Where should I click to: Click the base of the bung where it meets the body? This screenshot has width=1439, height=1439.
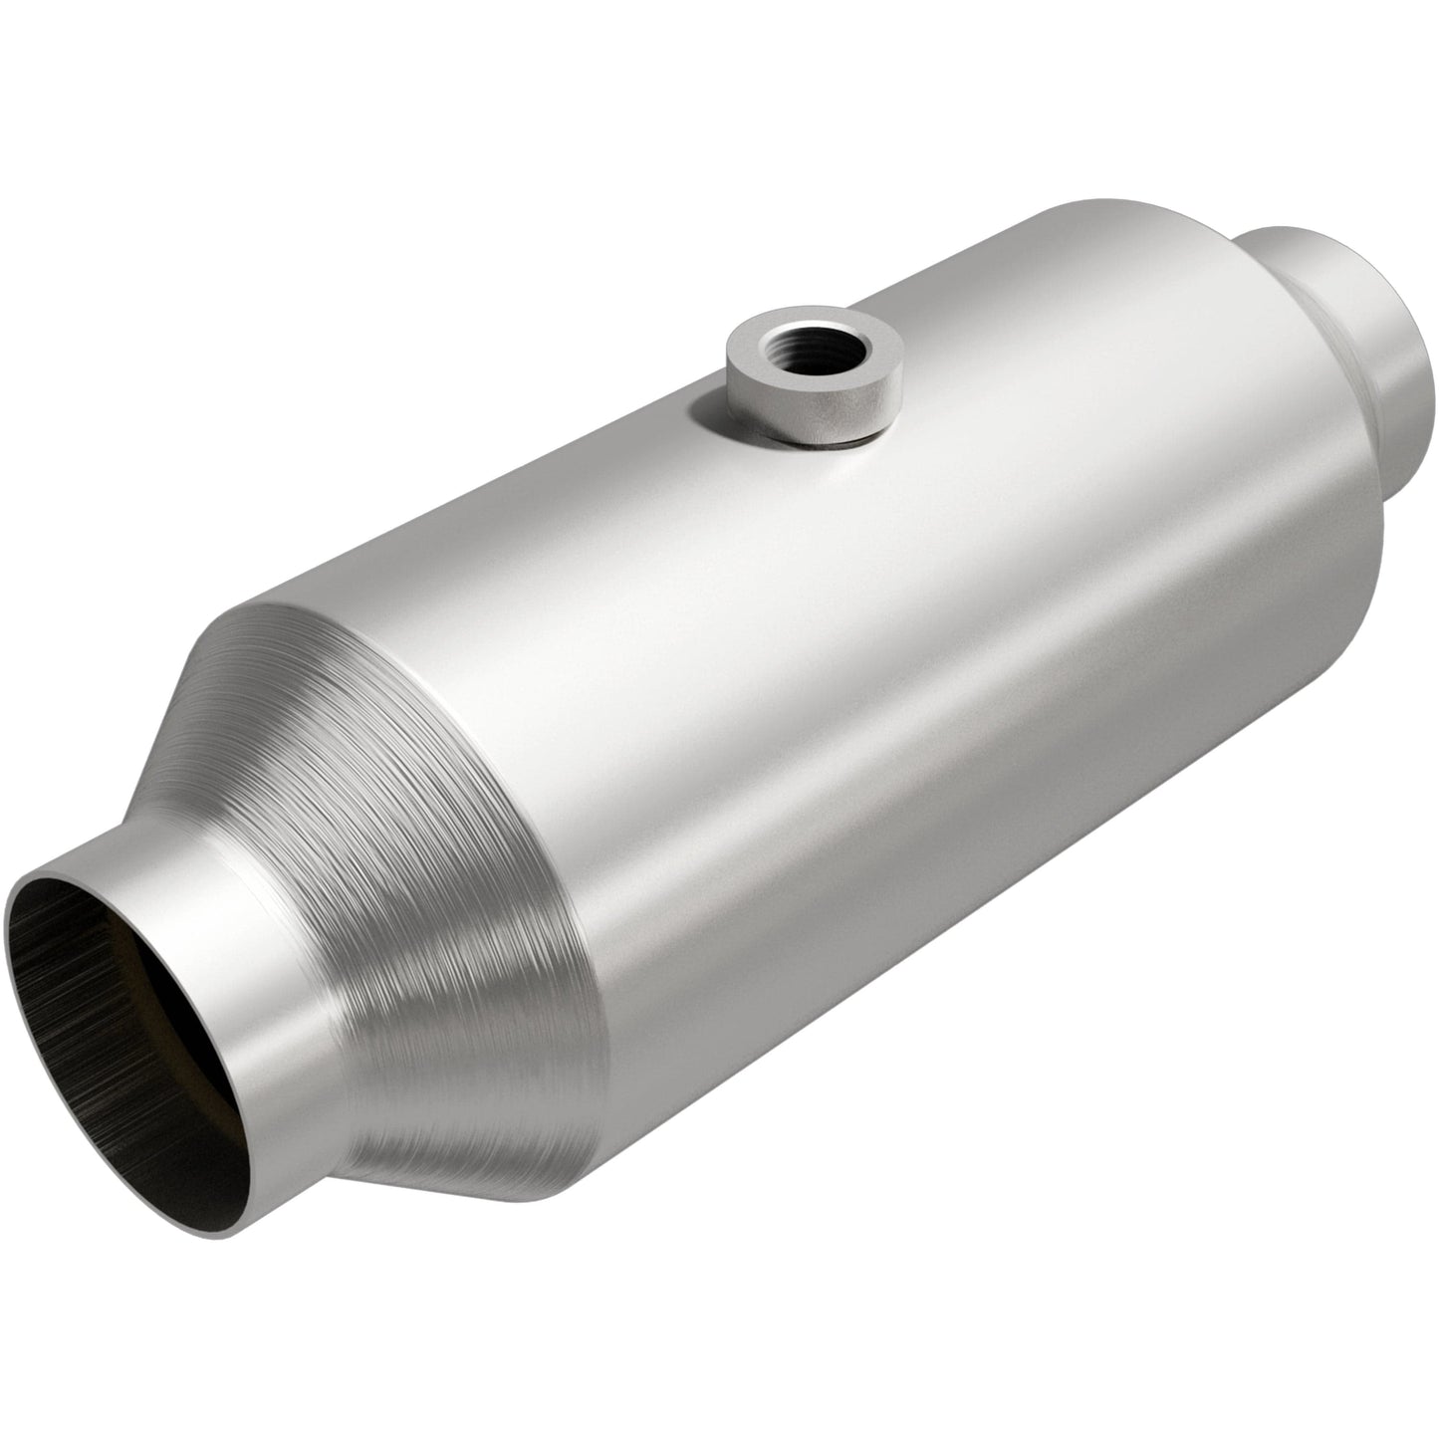point(807,438)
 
